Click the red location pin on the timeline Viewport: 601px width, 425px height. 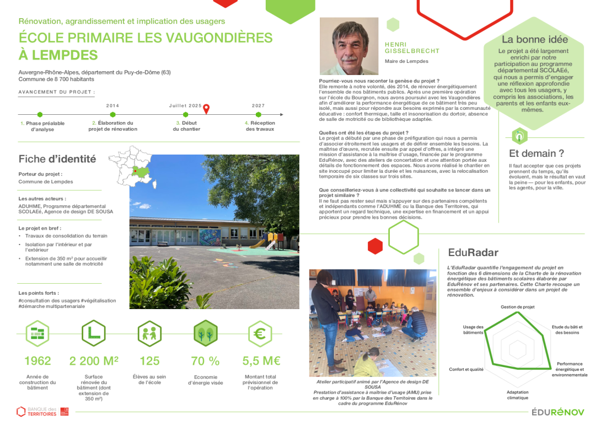click(x=206, y=109)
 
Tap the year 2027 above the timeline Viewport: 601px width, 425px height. click(x=258, y=105)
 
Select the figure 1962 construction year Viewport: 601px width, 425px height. click(x=37, y=361)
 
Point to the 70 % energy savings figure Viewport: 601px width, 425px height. click(x=205, y=361)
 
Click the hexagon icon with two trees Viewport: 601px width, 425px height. click(x=205, y=333)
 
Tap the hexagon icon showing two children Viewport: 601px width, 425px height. click(x=149, y=333)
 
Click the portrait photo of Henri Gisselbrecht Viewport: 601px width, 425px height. click(x=349, y=46)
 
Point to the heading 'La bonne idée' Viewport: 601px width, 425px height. click(x=534, y=40)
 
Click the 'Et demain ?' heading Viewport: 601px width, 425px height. click(x=536, y=153)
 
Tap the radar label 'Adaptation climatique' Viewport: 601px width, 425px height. click(x=517, y=395)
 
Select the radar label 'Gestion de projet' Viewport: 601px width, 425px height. click(x=517, y=307)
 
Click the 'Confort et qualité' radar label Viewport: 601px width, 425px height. click(x=466, y=369)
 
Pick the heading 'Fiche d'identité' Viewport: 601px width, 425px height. click(x=57, y=159)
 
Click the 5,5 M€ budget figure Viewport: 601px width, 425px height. click(x=261, y=361)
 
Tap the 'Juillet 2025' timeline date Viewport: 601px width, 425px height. click(x=185, y=105)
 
